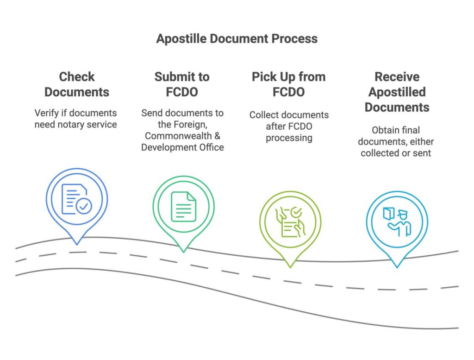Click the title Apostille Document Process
[x=237, y=38]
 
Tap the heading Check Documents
[x=77, y=84]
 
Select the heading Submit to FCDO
[x=182, y=84]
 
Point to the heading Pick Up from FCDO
[x=288, y=84]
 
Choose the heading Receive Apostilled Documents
[x=397, y=92]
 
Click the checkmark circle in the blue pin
[x=84, y=207]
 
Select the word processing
[x=289, y=138]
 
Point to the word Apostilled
[x=397, y=92]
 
